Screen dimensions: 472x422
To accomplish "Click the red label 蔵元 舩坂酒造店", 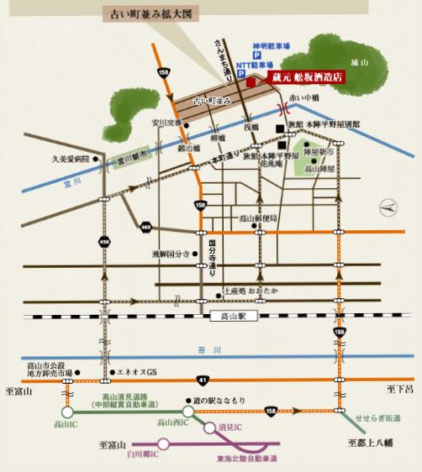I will coord(308,76).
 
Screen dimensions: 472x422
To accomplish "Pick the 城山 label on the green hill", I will coord(360,62).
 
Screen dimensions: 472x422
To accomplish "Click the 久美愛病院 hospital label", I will coord(71,157).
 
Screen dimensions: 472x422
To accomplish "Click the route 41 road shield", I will coord(219,380).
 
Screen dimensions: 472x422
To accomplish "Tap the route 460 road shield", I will coord(146,227).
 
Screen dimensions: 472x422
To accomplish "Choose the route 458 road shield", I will coord(105,243).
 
